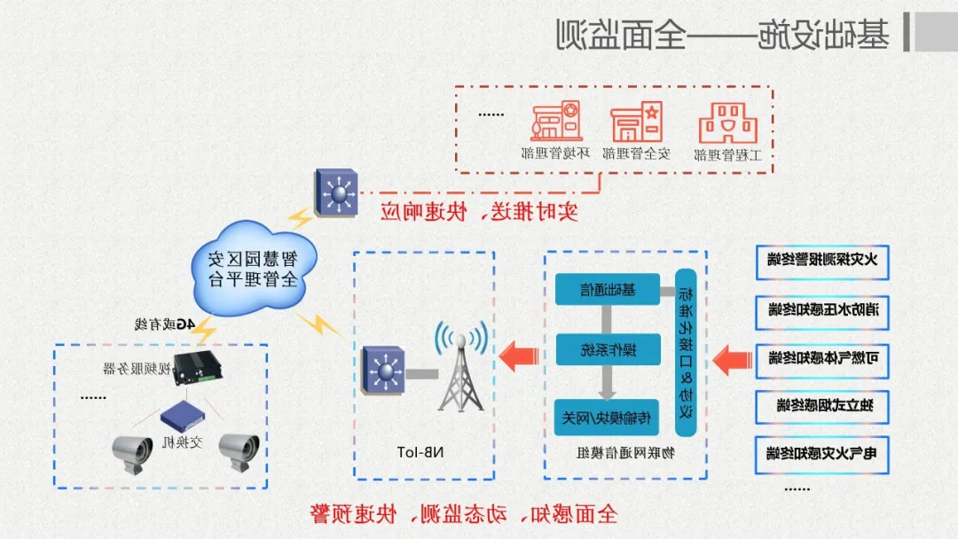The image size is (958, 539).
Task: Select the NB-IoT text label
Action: (x=424, y=453)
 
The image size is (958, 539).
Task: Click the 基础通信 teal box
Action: (x=608, y=289)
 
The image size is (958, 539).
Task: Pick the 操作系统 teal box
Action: (x=608, y=349)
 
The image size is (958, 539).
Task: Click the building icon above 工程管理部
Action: (x=728, y=122)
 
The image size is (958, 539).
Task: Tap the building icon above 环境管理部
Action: (x=556, y=121)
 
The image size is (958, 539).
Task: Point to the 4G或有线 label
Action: (x=164, y=325)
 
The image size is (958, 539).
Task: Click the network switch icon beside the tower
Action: (x=384, y=371)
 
